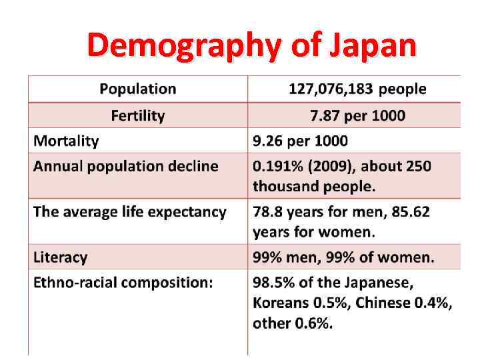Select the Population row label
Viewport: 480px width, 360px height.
pyautogui.click(x=138, y=89)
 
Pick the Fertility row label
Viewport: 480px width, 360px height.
pyautogui.click(x=138, y=115)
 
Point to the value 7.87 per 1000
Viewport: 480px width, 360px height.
pyautogui.click(x=357, y=115)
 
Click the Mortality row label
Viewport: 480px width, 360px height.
pyautogui.click(x=66, y=141)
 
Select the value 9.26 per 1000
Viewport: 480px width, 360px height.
pyautogui.click(x=300, y=141)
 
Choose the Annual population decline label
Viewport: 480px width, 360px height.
pyautogui.click(x=126, y=166)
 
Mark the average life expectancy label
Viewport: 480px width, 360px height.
pyautogui.click(x=130, y=212)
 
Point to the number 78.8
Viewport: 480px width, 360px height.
pyautogui.click(x=268, y=212)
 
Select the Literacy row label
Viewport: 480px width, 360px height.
pyautogui.click(x=61, y=257)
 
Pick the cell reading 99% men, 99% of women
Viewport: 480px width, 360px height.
pyautogui.click(x=343, y=257)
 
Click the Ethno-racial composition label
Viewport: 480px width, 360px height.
pyautogui.click(x=123, y=282)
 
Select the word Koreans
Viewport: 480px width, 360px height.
pyautogui.click(x=281, y=303)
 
